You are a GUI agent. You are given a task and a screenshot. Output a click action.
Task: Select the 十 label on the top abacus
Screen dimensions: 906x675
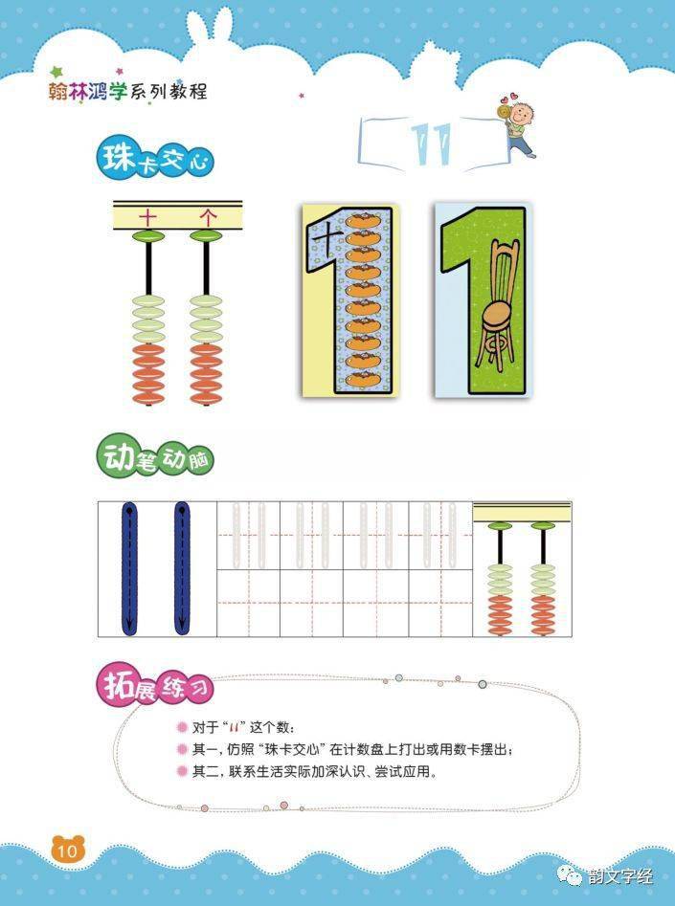[x=148, y=217]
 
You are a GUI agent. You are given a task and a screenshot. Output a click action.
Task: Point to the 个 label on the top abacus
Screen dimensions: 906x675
[x=207, y=217]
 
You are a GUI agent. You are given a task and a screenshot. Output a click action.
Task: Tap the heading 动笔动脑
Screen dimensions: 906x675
[x=154, y=457]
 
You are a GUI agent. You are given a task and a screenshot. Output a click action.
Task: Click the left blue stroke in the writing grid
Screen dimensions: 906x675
[x=128, y=568]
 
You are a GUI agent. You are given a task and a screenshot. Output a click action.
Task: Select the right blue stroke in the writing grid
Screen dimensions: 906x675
[x=181, y=568]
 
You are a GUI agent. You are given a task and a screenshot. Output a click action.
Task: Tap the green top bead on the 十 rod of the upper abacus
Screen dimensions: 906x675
[x=148, y=235]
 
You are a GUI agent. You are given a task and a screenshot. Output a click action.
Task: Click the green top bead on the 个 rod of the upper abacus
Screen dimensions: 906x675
[x=207, y=235]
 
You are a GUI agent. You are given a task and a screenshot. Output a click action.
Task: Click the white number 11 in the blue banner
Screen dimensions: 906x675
[x=428, y=142]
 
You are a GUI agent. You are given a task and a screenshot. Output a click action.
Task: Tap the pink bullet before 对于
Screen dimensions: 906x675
[x=181, y=727]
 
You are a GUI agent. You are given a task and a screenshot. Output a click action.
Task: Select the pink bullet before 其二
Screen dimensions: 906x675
[x=181, y=771]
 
